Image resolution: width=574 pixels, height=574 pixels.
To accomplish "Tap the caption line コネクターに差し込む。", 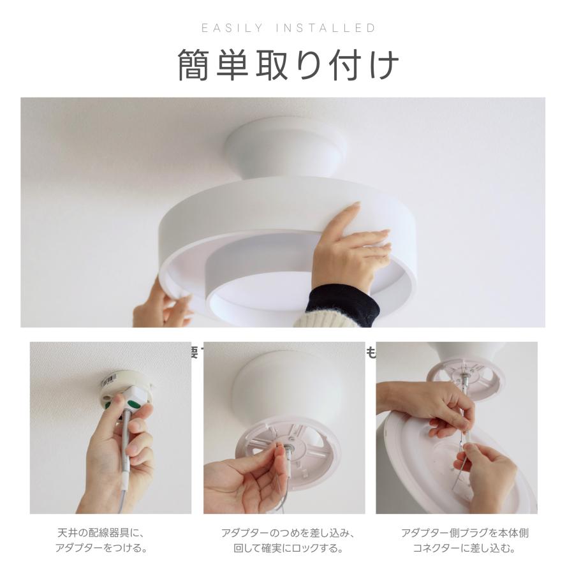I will click(464, 548).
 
